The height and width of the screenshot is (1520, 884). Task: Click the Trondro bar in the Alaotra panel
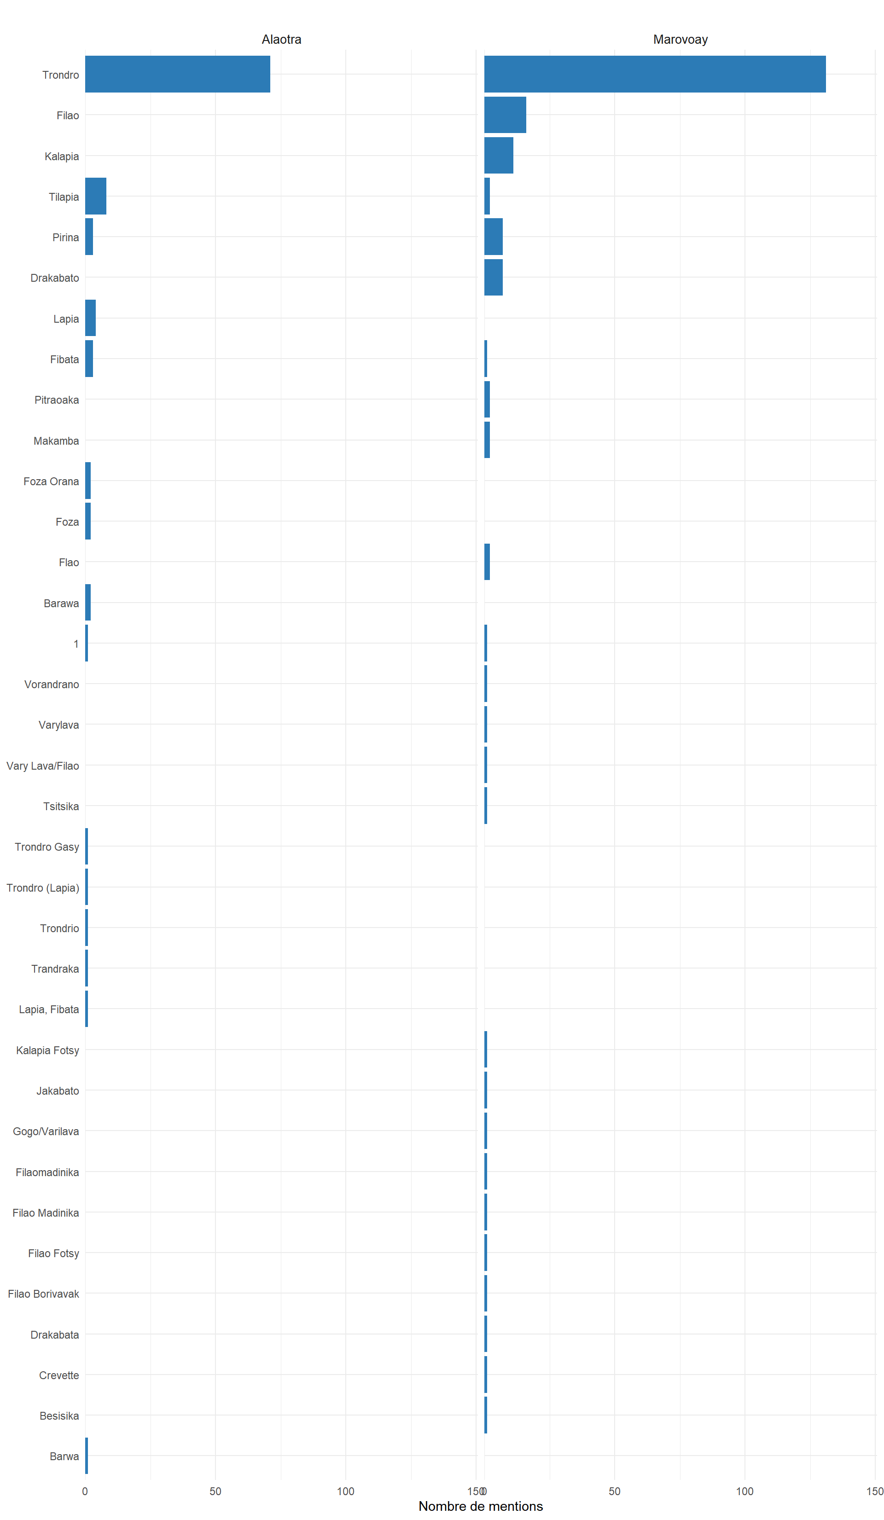pos(177,74)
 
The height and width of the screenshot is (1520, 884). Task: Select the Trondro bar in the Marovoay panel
pos(655,74)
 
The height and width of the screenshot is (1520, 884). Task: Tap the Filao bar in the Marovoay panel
pos(505,115)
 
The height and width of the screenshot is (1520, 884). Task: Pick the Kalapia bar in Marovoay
pos(499,156)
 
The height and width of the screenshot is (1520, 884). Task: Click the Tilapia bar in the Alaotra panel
pos(95,196)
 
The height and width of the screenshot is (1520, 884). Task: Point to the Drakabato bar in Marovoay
pos(493,278)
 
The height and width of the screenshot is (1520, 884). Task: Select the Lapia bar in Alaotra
pos(90,318)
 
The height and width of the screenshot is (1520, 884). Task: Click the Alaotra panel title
pos(281,39)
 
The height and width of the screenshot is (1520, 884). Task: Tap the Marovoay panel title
pos(680,39)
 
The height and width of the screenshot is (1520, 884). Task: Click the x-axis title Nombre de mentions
pos(480,1506)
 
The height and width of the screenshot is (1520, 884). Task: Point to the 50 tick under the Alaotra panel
pos(215,1491)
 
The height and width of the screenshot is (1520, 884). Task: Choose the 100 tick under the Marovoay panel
pos(744,1491)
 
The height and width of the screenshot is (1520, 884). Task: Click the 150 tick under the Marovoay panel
pos(874,1491)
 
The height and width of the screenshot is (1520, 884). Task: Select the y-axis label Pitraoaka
pos(56,400)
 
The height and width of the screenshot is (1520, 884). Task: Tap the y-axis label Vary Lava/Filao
pos(42,766)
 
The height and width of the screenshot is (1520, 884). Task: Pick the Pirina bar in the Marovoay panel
pos(493,237)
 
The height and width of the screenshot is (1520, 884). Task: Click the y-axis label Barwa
pos(64,1456)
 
